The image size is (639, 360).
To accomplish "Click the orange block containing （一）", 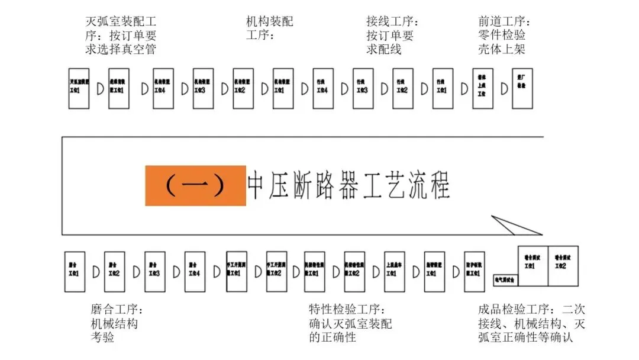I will coord(195,186).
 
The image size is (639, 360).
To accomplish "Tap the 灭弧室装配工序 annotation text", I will coord(121,36).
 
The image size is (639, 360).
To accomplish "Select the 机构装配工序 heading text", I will coord(269,28).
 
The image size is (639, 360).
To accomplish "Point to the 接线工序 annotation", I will coord(392,36).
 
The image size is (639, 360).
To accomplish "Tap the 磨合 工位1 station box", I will coord(75,272).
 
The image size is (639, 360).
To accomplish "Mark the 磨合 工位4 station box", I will coord(195,272).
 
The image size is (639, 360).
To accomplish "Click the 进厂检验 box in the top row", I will coord(522,88).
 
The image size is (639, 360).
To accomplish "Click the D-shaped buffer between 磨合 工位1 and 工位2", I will coord(95,272).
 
